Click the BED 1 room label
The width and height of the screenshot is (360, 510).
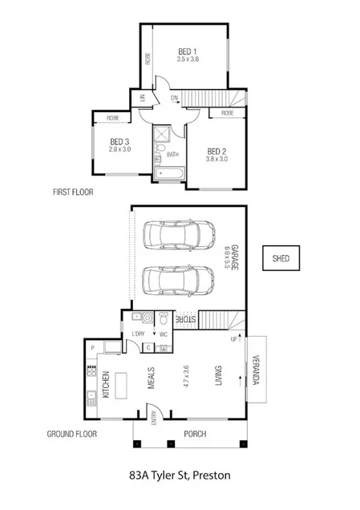pos(188,52)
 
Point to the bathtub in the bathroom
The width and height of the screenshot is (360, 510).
pos(172,172)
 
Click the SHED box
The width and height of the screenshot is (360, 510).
pos(281,259)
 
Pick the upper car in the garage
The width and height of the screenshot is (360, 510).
pos(180,236)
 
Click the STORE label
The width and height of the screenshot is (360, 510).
pos(185,318)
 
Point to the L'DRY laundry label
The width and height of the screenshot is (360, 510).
pos(138,333)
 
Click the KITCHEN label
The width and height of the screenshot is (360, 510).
pos(105,384)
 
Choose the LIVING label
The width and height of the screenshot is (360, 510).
pos(217,378)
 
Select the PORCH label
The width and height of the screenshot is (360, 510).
pos(195,434)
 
